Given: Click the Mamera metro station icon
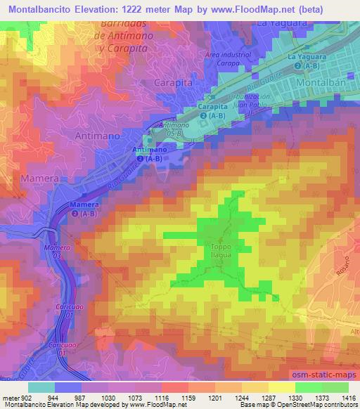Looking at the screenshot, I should coord(75,213).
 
